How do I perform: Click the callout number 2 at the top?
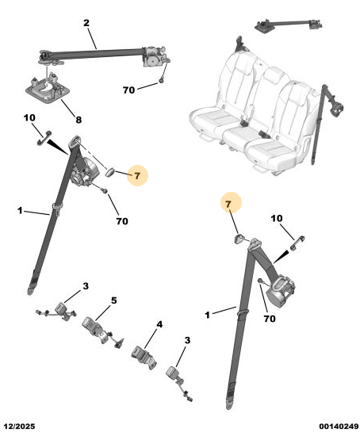[x=86, y=23]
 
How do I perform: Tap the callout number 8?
[x=79, y=120]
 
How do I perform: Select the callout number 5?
[x=113, y=300]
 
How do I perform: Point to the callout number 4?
[x=159, y=325]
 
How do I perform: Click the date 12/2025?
[x=19, y=427]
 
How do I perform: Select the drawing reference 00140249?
[x=339, y=427]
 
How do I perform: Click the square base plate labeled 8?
[x=47, y=90]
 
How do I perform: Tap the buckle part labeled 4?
[x=144, y=357]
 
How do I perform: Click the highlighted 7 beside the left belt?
[x=137, y=176]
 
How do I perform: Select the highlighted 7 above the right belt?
[x=228, y=204]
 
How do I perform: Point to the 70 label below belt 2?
[x=128, y=90]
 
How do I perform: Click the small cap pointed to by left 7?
[x=110, y=172]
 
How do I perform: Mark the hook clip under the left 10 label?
[x=44, y=138]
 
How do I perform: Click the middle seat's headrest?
[x=273, y=75]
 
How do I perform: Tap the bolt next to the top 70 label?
[x=161, y=81]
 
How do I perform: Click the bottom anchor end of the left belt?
[x=30, y=290]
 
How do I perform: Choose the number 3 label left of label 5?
[x=86, y=286]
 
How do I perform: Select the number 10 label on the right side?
[x=277, y=218]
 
